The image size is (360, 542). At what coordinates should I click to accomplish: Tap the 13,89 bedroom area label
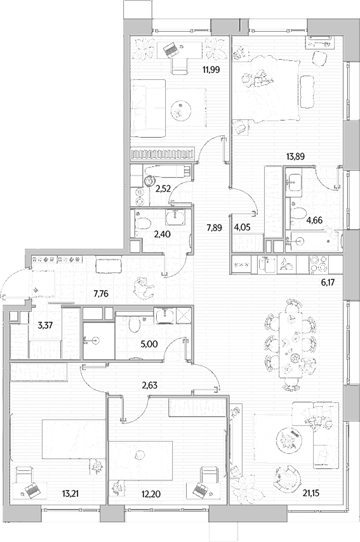[295, 156]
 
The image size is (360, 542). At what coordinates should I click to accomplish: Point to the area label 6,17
[328, 283]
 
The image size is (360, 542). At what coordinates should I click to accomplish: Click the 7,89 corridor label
[214, 227]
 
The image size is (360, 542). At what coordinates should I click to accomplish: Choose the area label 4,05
[242, 227]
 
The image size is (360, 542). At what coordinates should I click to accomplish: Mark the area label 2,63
[150, 385]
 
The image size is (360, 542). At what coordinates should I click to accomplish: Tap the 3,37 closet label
[44, 325]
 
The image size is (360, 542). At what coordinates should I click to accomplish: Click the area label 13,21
[70, 493]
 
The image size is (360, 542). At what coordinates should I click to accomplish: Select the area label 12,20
[150, 494]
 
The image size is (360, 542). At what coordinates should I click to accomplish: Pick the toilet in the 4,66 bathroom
[298, 214]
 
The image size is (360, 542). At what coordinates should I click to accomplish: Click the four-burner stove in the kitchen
[318, 264]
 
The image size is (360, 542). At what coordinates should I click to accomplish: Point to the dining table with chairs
[290, 344]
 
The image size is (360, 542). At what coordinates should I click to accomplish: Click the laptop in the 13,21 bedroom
[32, 490]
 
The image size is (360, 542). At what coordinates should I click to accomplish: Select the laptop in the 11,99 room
[170, 49]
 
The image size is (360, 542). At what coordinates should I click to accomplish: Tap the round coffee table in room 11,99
[180, 110]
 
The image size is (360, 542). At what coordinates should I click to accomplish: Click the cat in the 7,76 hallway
[143, 287]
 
